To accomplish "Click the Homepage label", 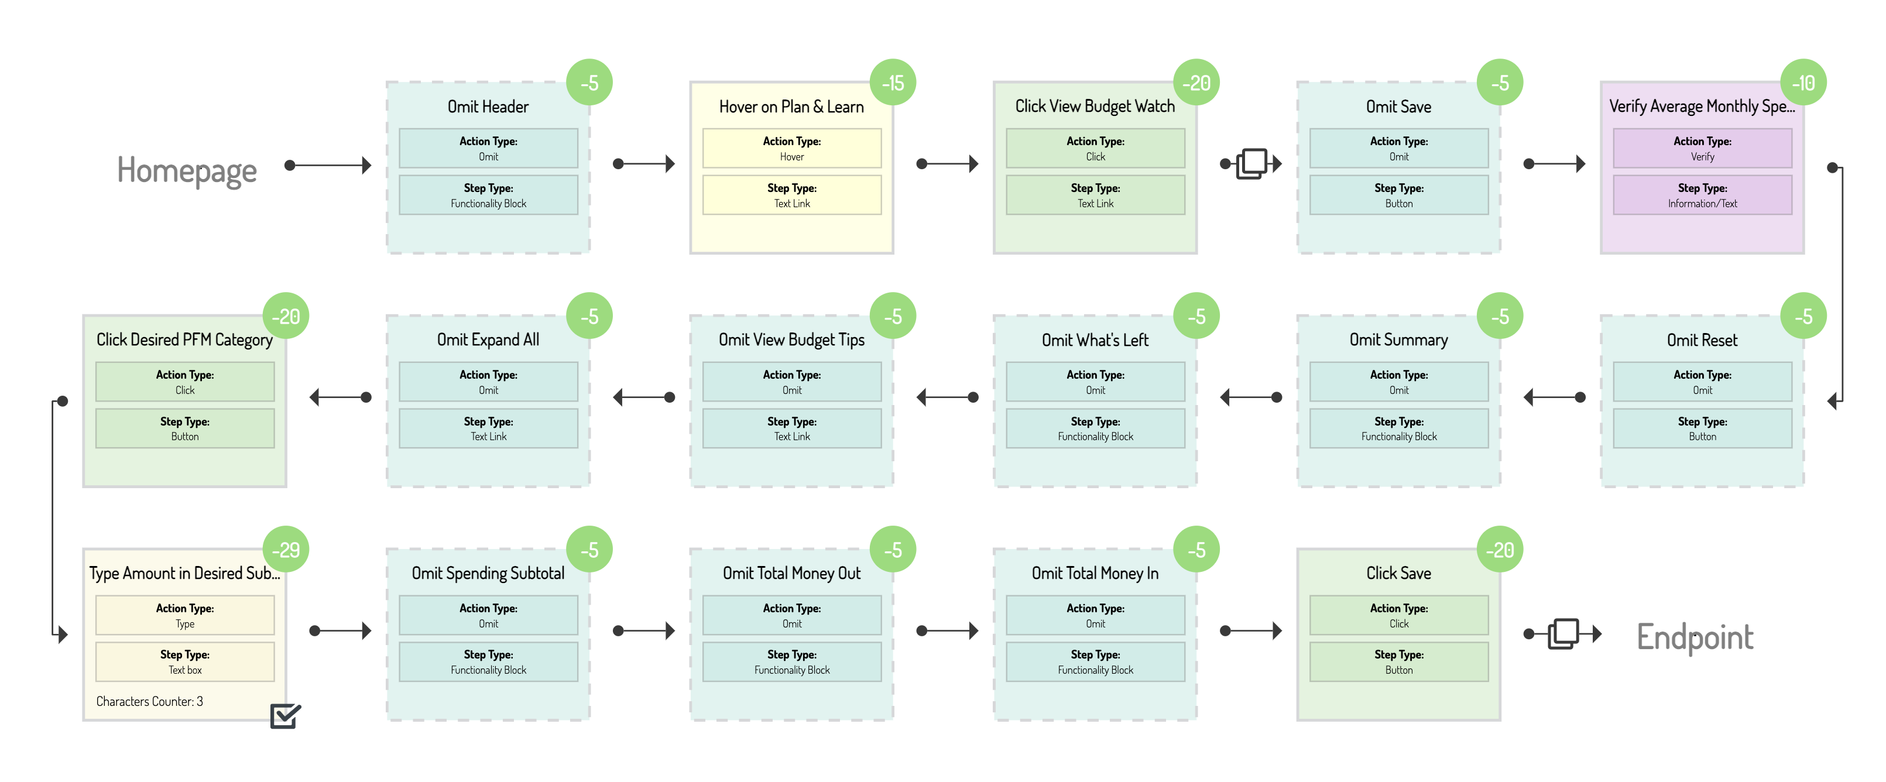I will (x=187, y=170).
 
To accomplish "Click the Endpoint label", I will (x=1694, y=636).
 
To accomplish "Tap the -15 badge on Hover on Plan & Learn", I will (x=893, y=83).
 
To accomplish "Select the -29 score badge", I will (x=286, y=549).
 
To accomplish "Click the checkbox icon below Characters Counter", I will (x=285, y=715).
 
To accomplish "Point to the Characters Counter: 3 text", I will (x=149, y=701).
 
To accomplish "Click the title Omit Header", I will (x=488, y=107).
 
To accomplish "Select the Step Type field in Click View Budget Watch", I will (x=1095, y=195).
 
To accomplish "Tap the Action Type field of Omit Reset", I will (x=1702, y=382).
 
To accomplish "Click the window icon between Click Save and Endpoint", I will (x=1562, y=633).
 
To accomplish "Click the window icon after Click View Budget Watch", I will (x=1251, y=163).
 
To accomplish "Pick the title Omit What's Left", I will (x=1095, y=339).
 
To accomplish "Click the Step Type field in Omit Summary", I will (x=1398, y=428).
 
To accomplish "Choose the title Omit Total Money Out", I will (x=791, y=573).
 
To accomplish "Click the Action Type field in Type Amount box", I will (x=184, y=615).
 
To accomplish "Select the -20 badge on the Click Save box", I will (x=1500, y=549).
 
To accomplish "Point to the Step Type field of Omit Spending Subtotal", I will (x=488, y=661).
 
